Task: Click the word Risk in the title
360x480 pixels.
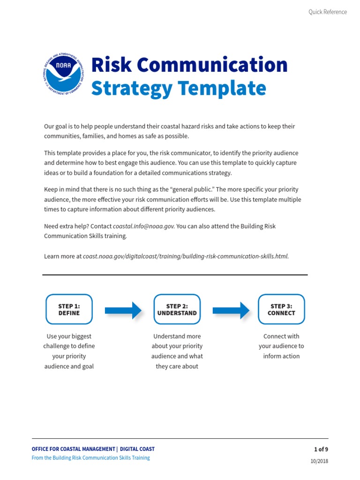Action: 110,65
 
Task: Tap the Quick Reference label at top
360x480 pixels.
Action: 327,12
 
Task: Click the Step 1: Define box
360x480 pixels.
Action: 69,309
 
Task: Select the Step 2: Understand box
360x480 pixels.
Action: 177,309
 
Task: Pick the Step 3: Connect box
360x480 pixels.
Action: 281,309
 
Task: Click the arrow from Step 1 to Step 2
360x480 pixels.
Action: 123,310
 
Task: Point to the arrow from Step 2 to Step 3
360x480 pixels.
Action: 231,310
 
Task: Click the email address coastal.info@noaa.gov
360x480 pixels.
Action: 144,226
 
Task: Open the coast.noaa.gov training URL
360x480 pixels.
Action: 186,256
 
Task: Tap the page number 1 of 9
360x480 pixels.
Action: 321,449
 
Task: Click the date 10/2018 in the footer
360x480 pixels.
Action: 319,461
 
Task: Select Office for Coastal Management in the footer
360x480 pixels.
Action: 74,449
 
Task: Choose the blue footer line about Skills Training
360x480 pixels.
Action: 91,458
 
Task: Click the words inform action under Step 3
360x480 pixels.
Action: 281,356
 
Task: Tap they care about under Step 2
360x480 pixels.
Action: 177,367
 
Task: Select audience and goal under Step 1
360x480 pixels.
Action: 69,367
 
